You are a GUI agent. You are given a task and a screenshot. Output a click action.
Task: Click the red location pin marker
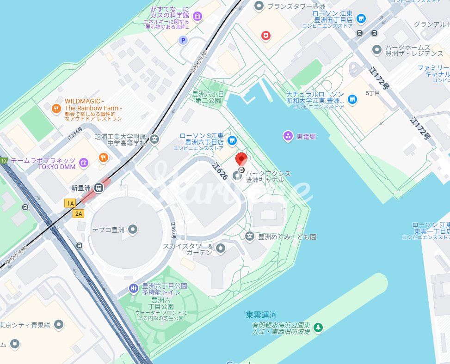(241, 160)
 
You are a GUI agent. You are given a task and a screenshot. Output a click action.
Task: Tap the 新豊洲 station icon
(99, 188)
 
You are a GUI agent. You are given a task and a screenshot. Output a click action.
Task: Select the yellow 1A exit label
(70, 203)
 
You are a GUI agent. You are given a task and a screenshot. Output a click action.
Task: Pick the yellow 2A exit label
(79, 213)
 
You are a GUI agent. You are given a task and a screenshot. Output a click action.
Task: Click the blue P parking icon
(184, 41)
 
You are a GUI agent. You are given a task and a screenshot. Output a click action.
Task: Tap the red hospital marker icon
(265, 35)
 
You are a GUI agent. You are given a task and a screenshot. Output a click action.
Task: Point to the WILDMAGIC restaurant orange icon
(56, 109)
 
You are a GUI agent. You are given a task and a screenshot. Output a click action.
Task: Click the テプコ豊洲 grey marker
(133, 229)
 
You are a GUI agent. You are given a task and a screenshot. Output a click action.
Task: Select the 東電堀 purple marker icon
(288, 136)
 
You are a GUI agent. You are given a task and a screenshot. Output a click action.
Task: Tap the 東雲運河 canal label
(261, 315)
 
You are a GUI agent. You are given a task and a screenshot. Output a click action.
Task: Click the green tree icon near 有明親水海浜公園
(318, 328)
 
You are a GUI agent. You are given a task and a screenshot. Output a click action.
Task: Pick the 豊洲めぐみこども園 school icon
(250, 237)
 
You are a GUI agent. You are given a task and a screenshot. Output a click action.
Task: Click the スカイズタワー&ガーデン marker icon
(221, 249)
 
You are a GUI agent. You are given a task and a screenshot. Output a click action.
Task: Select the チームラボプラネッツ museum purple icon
(84, 162)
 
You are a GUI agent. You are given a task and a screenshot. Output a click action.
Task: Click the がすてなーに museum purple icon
(197, 17)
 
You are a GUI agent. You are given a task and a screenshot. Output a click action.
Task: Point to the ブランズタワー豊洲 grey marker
(259, 6)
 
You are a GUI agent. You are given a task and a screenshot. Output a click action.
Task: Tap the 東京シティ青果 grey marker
(58, 325)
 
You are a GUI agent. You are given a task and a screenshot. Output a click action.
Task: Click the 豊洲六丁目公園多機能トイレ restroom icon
(133, 289)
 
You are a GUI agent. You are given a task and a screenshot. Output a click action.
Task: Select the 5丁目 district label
(373, 93)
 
